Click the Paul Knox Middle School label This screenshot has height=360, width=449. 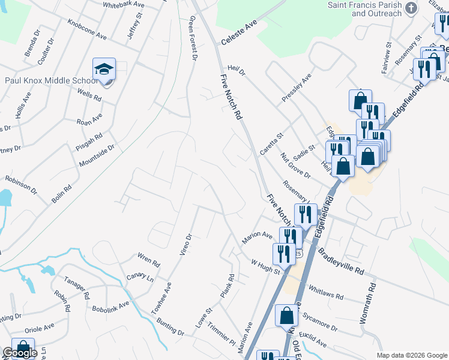click(x=50, y=80)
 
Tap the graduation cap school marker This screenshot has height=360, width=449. click(x=104, y=71)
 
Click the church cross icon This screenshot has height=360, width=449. click(x=411, y=8)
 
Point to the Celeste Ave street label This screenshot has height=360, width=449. click(x=238, y=33)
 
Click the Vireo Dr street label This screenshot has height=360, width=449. click(x=185, y=244)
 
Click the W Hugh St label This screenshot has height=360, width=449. click(x=266, y=267)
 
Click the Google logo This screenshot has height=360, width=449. click(x=20, y=353)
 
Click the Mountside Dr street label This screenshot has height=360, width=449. click(x=97, y=155)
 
